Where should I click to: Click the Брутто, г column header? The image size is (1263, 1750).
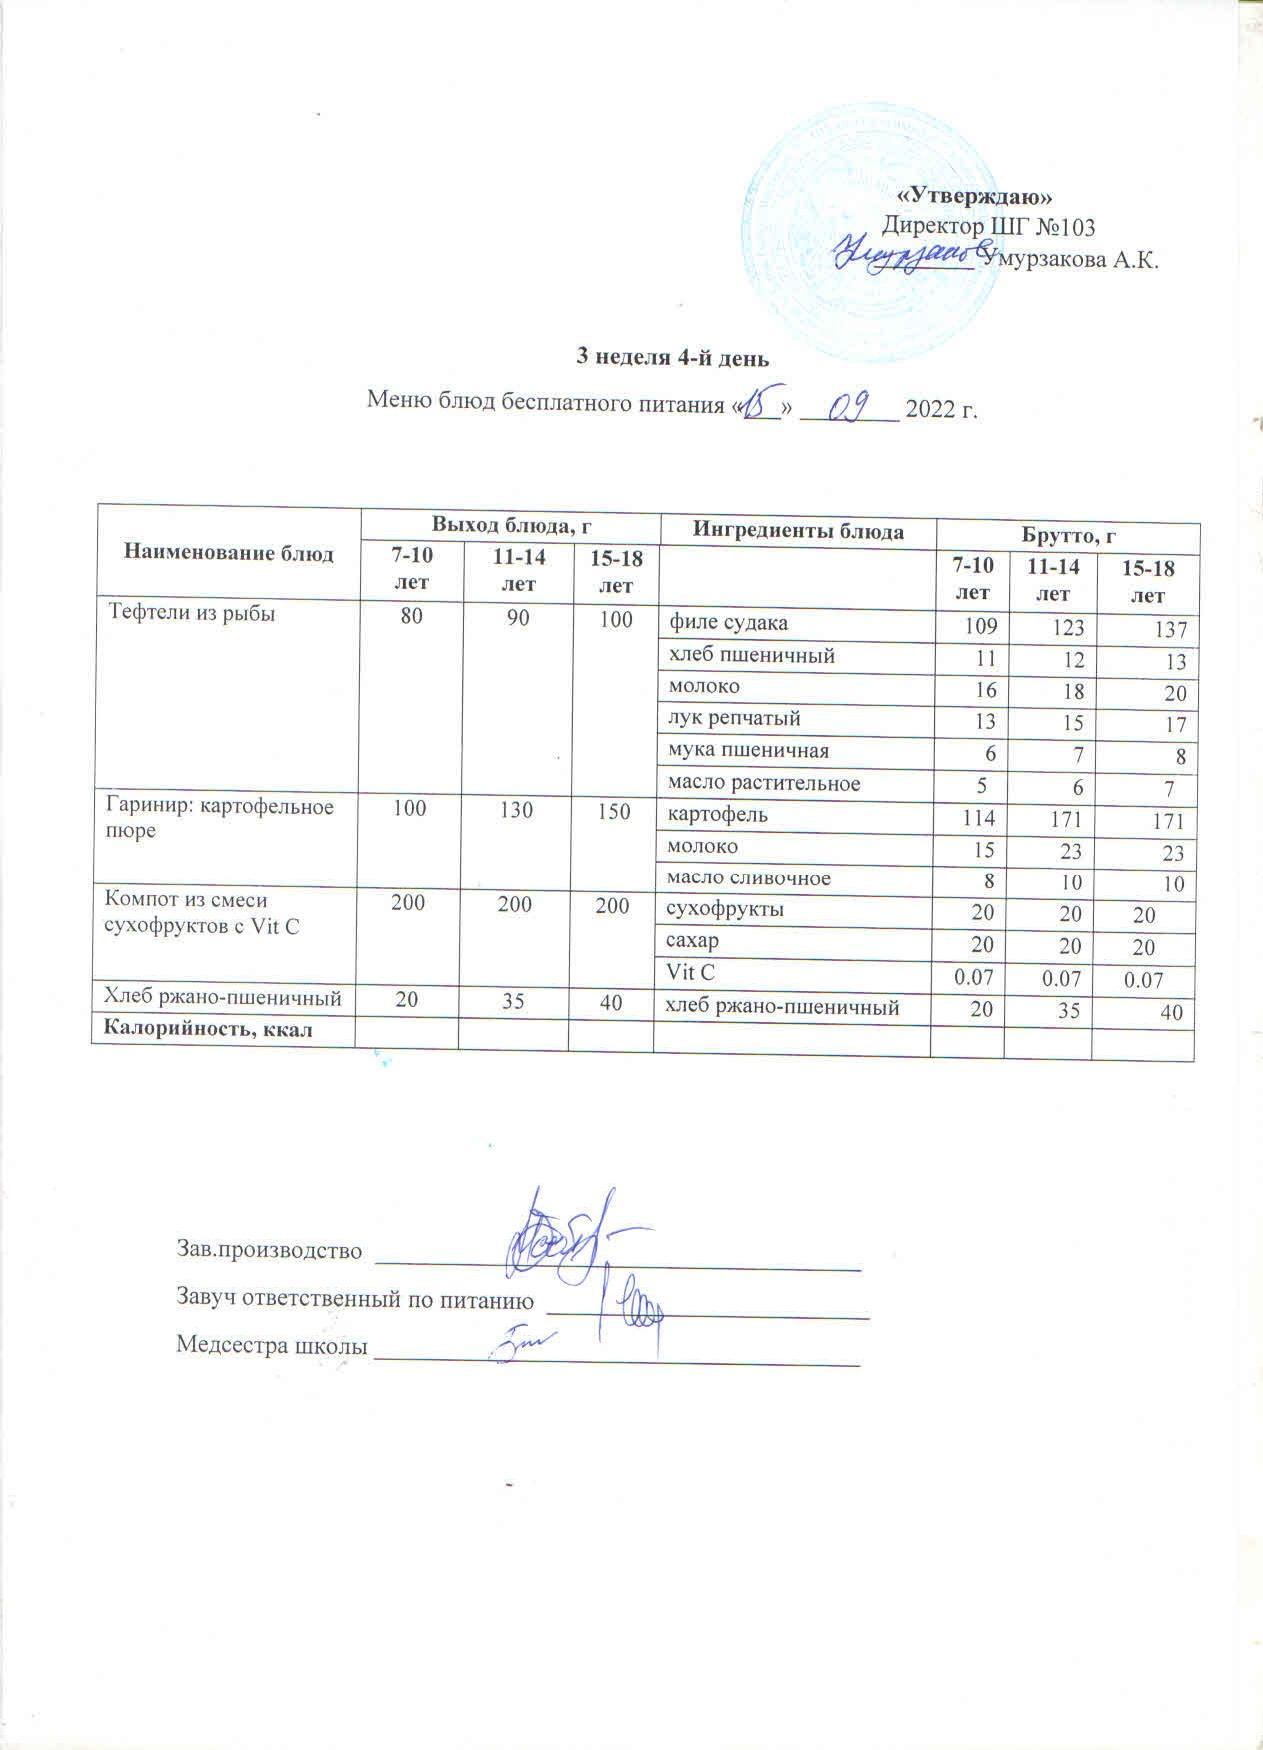click(1067, 536)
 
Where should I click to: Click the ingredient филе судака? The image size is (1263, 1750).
click(728, 623)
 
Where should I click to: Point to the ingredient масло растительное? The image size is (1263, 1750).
click(764, 783)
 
